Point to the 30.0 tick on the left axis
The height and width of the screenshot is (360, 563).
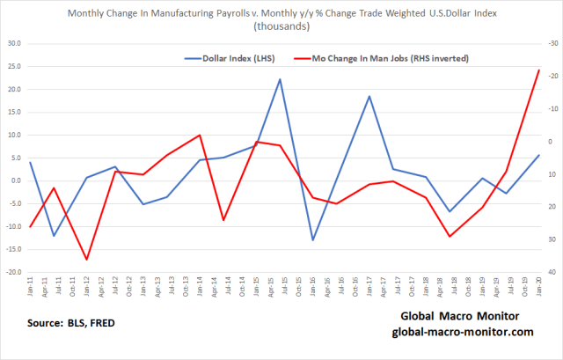click(x=14, y=43)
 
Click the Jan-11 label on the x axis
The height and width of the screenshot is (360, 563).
click(x=31, y=288)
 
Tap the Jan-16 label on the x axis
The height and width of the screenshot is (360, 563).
click(x=313, y=288)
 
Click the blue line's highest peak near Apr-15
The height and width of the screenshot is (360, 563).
click(x=280, y=79)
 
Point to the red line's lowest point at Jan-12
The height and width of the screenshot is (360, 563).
click(x=86, y=260)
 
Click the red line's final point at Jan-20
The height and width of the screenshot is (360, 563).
click(x=539, y=70)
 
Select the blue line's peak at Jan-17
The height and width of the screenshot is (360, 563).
click(x=369, y=96)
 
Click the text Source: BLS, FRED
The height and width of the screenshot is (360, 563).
click(x=71, y=323)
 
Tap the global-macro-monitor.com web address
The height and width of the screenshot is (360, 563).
click(x=462, y=332)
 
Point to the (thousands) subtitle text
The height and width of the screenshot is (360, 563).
click(x=279, y=26)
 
